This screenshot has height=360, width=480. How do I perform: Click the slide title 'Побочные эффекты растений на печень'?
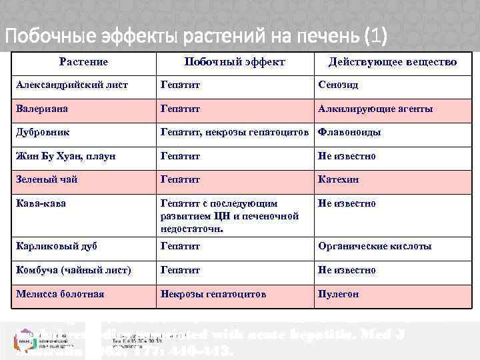196,34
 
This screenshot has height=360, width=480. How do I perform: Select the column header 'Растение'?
83,62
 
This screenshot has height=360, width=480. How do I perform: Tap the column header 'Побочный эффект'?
234,62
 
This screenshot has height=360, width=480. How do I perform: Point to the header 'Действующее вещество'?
393,62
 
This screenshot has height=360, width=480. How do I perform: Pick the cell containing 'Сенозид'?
338,85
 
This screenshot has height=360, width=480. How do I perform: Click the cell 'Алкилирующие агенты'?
375,108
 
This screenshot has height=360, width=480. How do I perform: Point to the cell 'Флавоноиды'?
350,132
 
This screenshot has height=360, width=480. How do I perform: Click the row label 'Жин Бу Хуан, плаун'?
66,156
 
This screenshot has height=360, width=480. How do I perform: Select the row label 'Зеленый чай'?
47,179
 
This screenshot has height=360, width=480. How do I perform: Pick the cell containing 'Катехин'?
338,179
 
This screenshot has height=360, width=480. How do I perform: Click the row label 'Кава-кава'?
41,203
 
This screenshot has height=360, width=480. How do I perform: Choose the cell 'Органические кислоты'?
375,246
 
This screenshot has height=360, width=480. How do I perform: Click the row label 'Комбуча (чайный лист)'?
73,270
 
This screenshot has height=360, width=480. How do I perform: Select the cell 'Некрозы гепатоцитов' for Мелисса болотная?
213,294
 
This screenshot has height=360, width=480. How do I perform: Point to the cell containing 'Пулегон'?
338,294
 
